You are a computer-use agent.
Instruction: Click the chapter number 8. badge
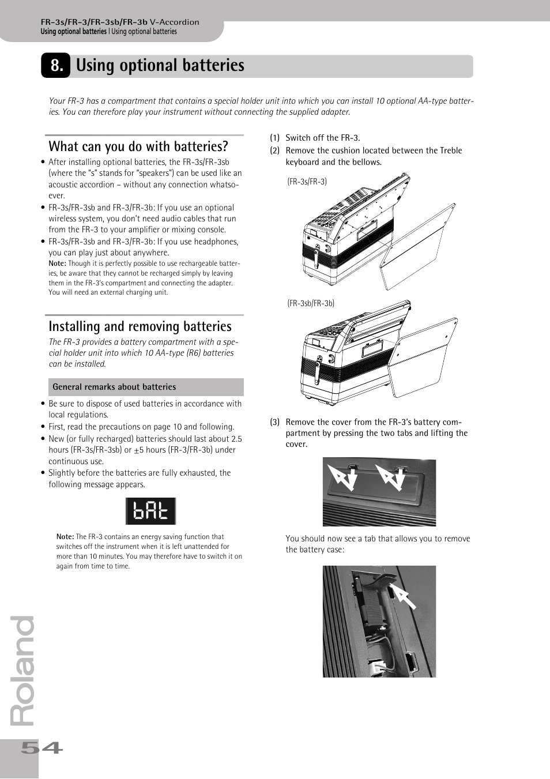(55, 66)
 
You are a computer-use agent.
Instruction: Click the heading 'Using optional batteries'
(160, 66)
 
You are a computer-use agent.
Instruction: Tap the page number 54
(42, 748)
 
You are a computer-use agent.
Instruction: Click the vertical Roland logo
(24, 672)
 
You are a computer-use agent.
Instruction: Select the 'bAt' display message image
(150, 511)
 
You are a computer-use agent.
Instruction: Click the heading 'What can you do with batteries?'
(138, 146)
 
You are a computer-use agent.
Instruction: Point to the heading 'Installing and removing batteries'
(140, 326)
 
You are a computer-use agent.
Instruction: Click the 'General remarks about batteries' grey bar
(144, 387)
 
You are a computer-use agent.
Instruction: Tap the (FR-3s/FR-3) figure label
(307, 182)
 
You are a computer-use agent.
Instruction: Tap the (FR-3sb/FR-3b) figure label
(311, 303)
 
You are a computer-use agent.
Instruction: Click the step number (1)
(275, 138)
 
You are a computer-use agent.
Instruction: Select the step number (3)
(275, 422)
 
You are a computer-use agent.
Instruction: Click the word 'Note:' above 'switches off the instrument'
(65, 537)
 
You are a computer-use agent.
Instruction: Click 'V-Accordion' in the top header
(175, 22)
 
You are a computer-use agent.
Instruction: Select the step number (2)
(275, 150)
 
